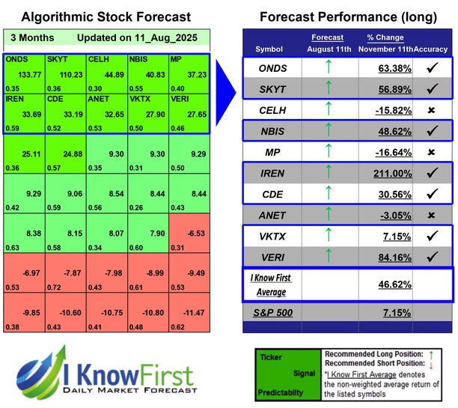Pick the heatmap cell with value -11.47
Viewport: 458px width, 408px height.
click(x=191, y=311)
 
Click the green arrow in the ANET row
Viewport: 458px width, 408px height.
click(x=326, y=214)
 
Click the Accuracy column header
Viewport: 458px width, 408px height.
click(x=433, y=49)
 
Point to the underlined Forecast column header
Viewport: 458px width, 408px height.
click(x=326, y=37)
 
